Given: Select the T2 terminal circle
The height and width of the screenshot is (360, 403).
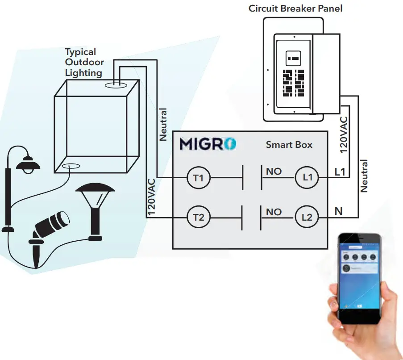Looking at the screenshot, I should click(x=198, y=218).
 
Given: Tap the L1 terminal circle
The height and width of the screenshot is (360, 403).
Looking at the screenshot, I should click(x=307, y=178).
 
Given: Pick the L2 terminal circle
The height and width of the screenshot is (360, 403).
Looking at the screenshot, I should click(x=307, y=218).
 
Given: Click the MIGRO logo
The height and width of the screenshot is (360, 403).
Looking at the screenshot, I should click(x=208, y=144).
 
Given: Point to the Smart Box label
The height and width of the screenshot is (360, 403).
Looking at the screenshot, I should click(x=289, y=145).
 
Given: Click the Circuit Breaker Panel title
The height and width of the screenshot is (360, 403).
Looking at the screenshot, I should click(x=295, y=8).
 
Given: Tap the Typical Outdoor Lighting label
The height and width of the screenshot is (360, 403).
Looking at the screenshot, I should click(x=84, y=63).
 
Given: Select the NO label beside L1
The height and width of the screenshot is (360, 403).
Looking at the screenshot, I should click(x=274, y=171).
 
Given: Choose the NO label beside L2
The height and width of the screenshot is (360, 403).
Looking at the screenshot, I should click(x=274, y=211).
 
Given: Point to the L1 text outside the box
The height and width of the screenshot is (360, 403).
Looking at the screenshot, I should click(x=340, y=172).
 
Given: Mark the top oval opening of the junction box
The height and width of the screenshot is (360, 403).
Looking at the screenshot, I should click(x=116, y=84).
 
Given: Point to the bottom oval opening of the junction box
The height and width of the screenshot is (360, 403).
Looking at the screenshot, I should click(x=71, y=167).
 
